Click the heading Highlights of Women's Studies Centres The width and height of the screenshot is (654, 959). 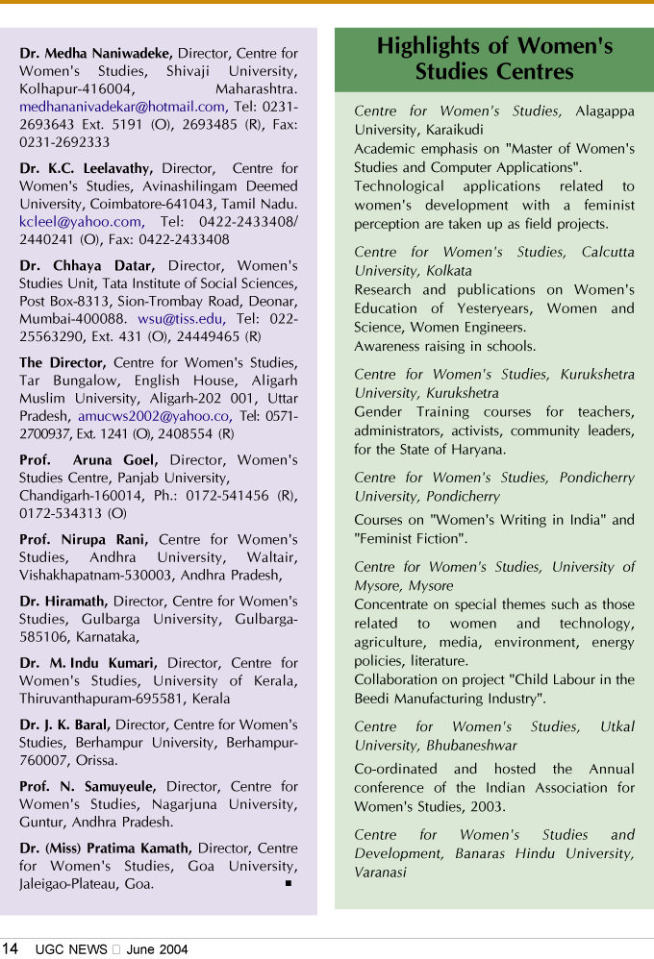(494, 59)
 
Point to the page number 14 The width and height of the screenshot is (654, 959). (10, 948)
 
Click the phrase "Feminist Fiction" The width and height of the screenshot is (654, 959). (411, 538)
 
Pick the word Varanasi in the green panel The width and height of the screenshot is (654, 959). (380, 873)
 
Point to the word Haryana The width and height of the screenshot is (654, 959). (479, 449)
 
